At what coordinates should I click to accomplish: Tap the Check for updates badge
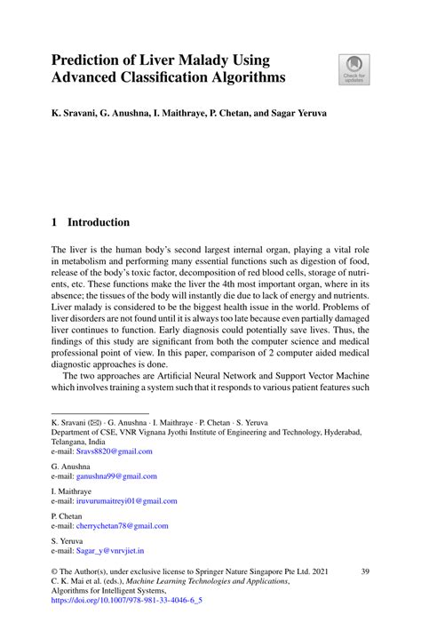354,69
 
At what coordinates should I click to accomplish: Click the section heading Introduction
99,222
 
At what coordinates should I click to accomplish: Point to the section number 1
55,222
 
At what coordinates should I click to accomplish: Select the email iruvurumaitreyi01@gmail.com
130,501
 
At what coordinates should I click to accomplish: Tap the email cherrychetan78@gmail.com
125,526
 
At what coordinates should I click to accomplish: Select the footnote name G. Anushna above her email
72,466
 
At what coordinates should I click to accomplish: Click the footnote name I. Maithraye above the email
72,491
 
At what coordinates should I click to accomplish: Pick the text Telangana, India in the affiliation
78,441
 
